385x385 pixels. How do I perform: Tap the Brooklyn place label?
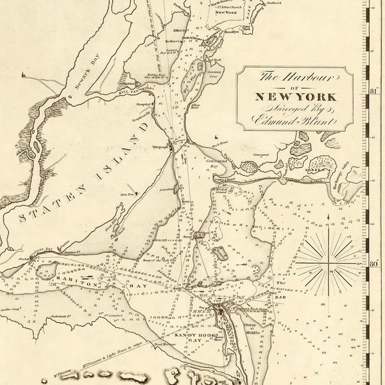(x=232, y=31)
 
